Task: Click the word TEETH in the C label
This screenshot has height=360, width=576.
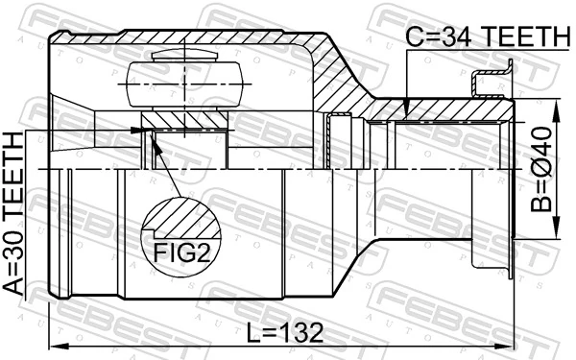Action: [523, 36]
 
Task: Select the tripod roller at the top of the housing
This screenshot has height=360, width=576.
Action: [182, 77]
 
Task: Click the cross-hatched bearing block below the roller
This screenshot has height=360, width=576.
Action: [182, 121]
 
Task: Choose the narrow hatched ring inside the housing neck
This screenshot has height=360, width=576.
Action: [333, 144]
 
